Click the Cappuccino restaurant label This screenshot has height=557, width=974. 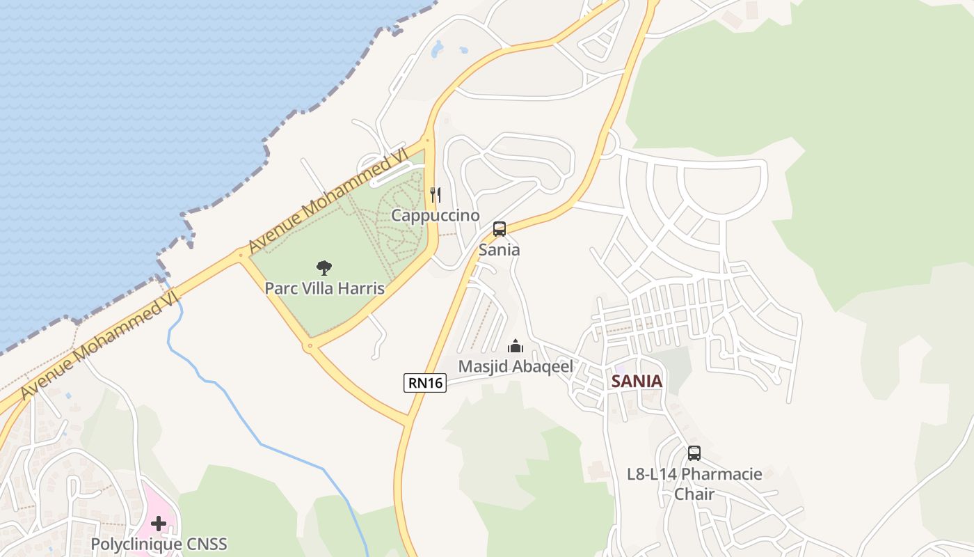pos(436,215)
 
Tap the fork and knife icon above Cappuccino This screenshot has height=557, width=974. pos(436,194)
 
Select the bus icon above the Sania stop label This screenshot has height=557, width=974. pos(500,229)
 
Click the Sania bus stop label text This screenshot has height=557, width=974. pos(500,249)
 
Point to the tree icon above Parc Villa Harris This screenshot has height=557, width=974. pos(324,267)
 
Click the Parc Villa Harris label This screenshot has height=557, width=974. pos(324,288)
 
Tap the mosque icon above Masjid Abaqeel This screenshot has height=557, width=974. pos(516,346)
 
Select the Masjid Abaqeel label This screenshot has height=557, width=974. pos(516,366)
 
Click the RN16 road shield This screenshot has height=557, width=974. pos(425,382)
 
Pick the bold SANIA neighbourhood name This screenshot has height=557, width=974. pos(637,382)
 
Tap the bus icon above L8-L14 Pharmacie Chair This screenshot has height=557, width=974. pos(694,453)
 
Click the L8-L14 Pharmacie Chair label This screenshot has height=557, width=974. pos(694,483)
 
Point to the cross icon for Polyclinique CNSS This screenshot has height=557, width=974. pos(159,523)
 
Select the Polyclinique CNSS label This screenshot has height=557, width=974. pos(159,544)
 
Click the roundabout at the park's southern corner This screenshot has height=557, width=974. pos(310,345)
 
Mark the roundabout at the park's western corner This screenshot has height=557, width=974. pos(241,256)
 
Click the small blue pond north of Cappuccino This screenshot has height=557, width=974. pos(438,49)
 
